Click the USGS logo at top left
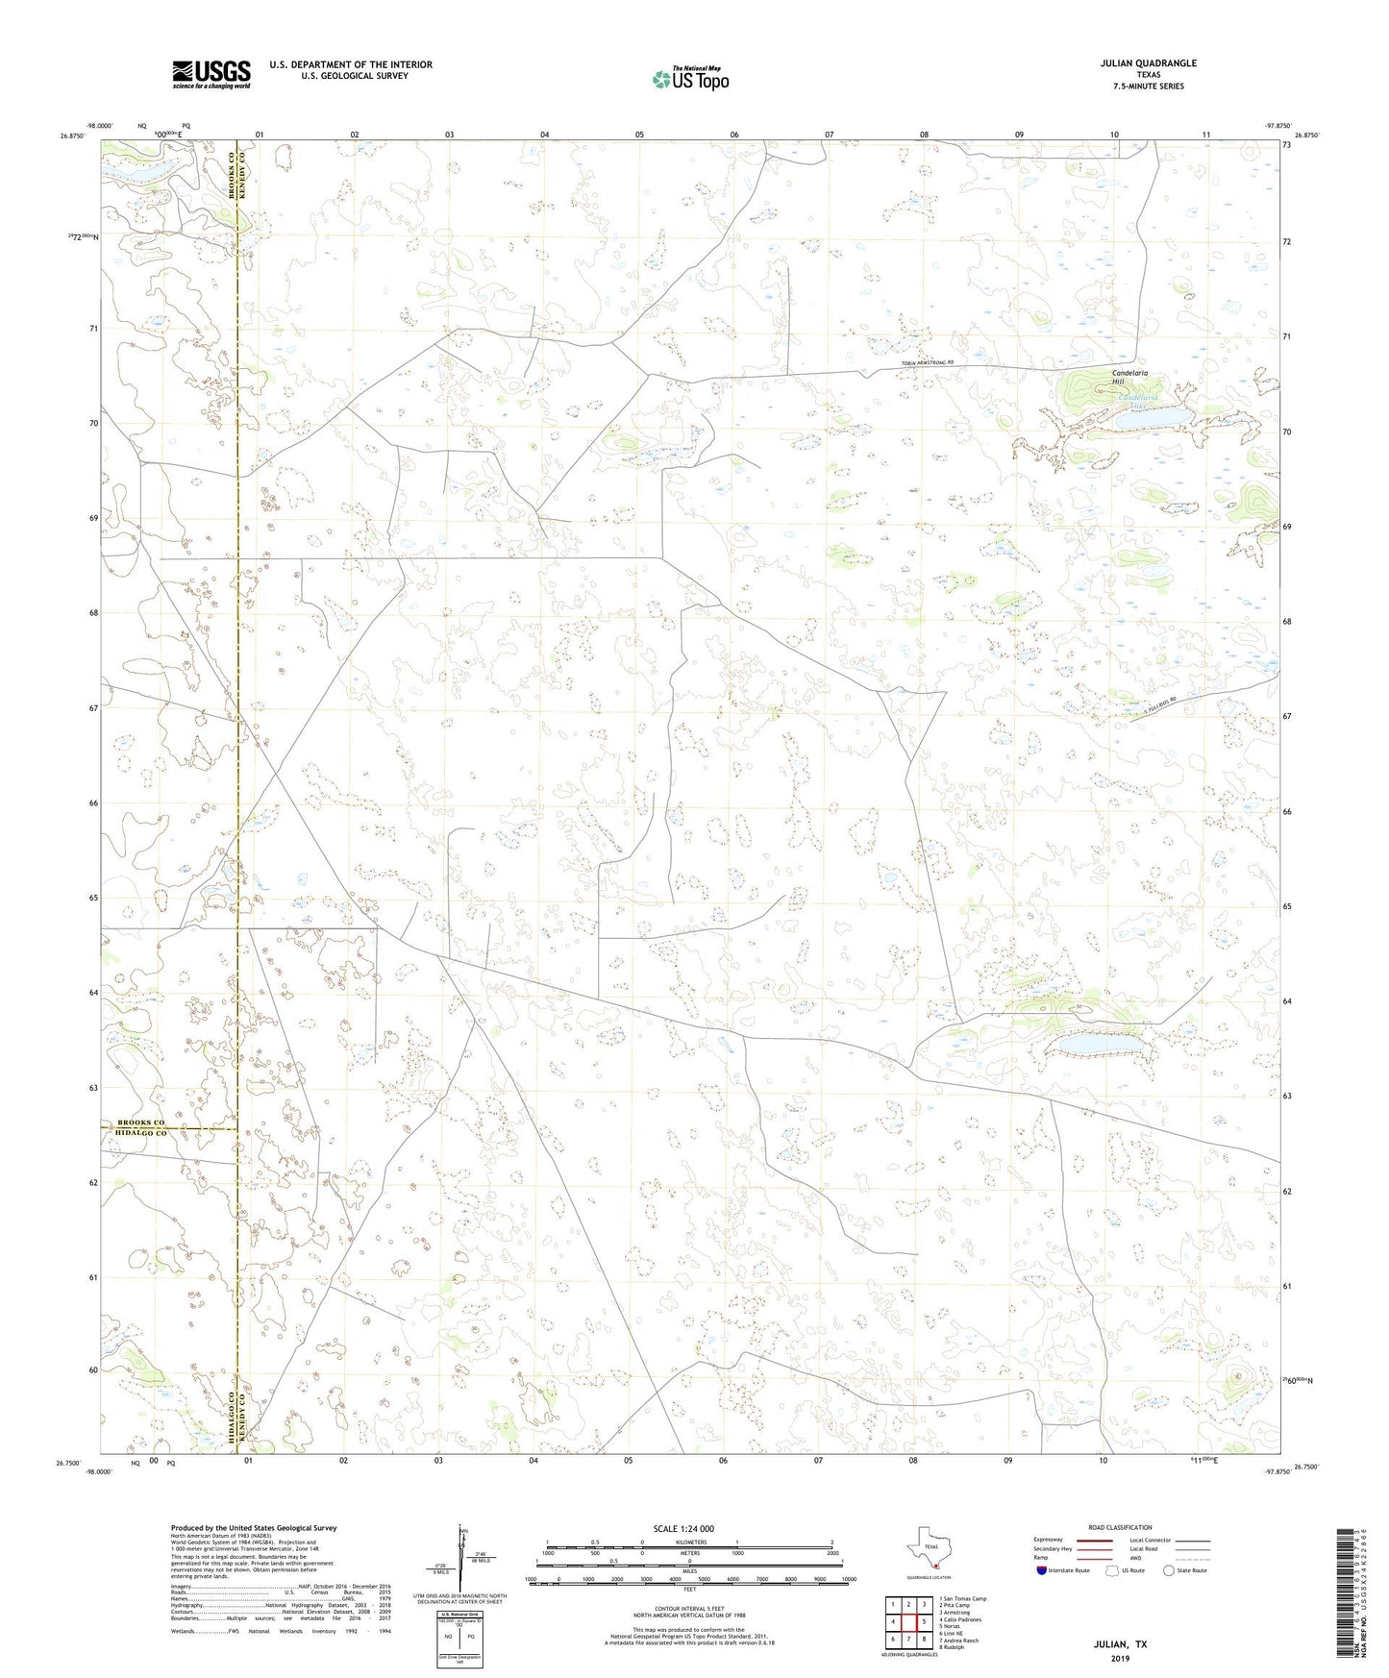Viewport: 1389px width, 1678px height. click(211, 74)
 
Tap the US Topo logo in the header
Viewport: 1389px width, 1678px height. click(690, 79)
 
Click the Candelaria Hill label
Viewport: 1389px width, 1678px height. click(1129, 377)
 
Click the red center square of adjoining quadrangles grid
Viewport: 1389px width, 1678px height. click(907, 1621)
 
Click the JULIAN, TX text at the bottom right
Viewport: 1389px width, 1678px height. click(1120, 1644)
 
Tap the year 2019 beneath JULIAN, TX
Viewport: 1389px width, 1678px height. click(1120, 1659)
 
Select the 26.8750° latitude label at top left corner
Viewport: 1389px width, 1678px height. click(71, 136)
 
